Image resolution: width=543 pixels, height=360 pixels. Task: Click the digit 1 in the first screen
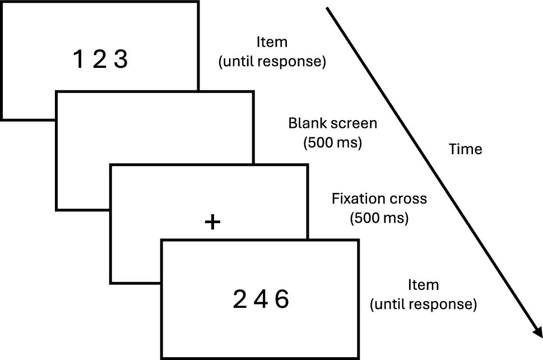click(79, 59)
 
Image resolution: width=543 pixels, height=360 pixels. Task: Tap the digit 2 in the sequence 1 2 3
click(99, 59)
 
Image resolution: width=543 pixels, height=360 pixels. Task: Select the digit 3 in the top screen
click(120, 59)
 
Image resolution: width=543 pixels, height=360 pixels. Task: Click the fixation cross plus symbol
click(212, 223)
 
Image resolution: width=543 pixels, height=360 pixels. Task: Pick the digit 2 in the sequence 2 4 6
click(239, 301)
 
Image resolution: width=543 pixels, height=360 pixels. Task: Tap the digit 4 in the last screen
click(261, 301)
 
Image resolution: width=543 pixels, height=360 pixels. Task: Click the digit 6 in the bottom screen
click(281, 301)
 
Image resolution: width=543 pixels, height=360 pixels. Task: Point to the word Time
click(466, 149)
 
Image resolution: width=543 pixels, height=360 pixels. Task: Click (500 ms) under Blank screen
click(332, 142)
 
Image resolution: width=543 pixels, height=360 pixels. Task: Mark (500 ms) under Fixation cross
click(379, 218)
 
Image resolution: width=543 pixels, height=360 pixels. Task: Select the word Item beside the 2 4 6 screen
click(423, 285)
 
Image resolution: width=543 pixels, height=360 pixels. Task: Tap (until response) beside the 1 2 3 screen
click(272, 61)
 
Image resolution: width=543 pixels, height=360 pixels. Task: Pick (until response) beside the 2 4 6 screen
click(423, 304)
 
